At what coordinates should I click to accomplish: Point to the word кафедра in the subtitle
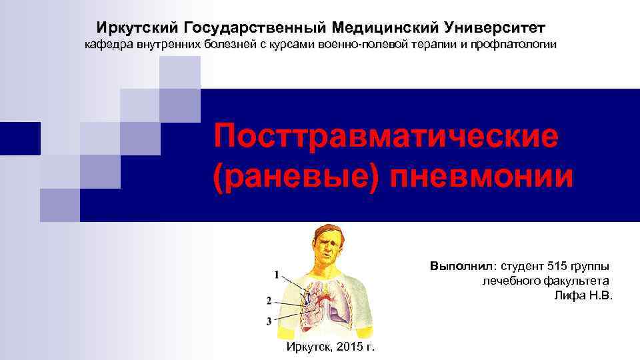pos(107,45)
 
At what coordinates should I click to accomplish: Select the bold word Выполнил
pos(459,266)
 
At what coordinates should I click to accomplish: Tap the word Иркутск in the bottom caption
pos(309,347)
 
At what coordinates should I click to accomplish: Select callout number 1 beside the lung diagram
pos(275,275)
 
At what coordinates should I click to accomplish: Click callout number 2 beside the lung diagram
pos(268,299)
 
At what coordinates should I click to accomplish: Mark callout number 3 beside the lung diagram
pos(268,321)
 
